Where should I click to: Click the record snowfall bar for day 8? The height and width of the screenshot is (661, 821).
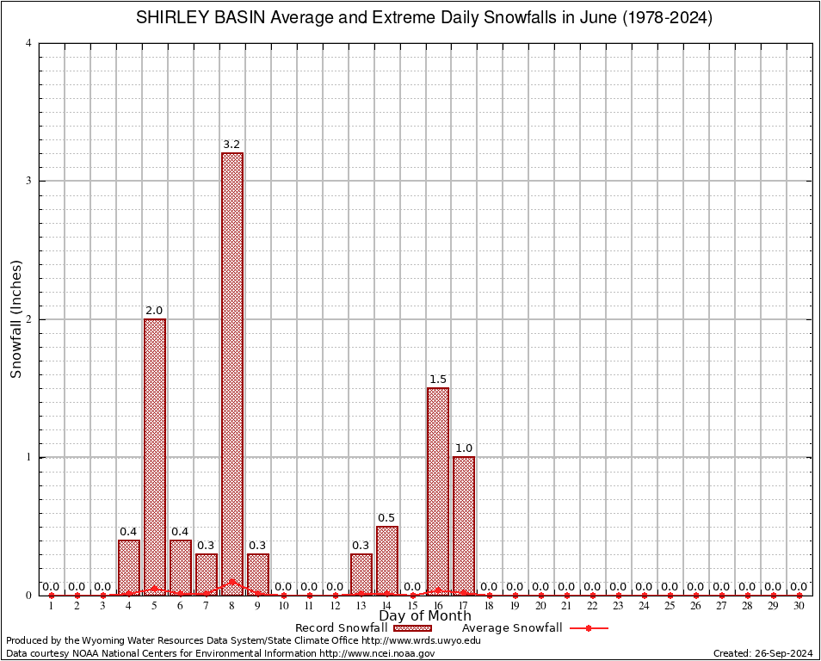(x=231, y=370)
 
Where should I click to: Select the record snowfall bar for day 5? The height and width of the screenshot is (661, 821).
(x=155, y=456)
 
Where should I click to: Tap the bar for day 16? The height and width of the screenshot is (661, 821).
(x=438, y=491)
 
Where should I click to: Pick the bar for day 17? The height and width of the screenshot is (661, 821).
(x=464, y=525)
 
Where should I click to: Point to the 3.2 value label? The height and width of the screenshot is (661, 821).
(x=231, y=145)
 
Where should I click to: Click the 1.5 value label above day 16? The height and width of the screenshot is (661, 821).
(x=438, y=380)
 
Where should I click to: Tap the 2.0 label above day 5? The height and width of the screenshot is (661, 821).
(x=155, y=311)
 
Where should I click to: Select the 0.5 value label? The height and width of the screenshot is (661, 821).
(x=386, y=518)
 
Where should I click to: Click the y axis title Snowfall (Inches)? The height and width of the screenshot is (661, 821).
(x=16, y=319)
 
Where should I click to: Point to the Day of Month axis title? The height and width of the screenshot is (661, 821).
(x=425, y=615)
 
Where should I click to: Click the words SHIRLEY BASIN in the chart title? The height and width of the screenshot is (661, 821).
(x=194, y=18)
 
